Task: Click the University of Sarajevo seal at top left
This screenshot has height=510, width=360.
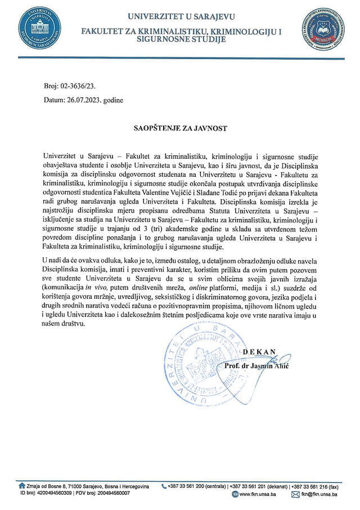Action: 39,29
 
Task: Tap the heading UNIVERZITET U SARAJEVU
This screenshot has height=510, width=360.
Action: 181,17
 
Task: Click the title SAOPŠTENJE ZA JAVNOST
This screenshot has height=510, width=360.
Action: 181,128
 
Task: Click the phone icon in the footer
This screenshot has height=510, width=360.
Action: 164,485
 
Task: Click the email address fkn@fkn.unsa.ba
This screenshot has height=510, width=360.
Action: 318,494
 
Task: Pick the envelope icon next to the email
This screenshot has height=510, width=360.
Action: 295,494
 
